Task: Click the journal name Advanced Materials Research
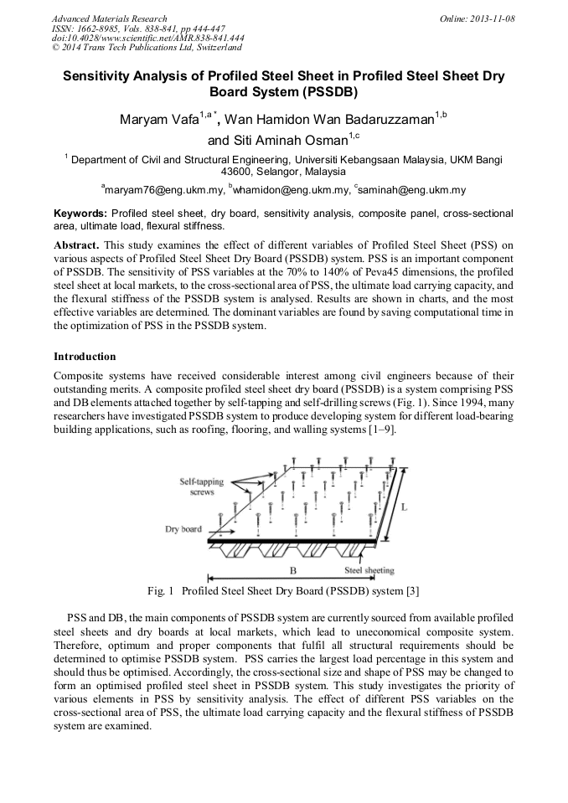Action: (x=110, y=18)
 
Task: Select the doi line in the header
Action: (x=148, y=38)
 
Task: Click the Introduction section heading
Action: (x=85, y=357)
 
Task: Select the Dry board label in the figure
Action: (x=182, y=530)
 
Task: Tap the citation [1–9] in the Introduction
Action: (x=381, y=430)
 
